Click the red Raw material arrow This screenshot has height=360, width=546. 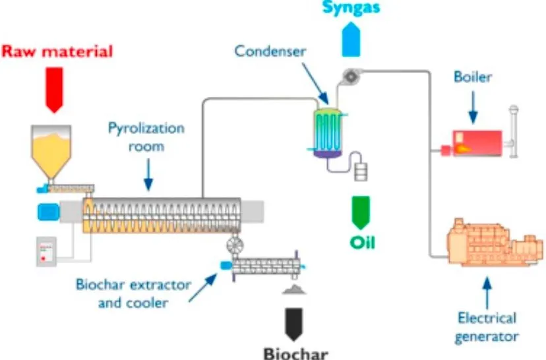[x=54, y=90]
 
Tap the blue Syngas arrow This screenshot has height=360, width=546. [x=351, y=40]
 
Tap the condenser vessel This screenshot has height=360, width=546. [x=328, y=133]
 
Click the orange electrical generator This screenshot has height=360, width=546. [x=495, y=242]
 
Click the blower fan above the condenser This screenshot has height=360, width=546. [x=351, y=76]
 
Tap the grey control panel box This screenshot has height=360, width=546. [x=47, y=252]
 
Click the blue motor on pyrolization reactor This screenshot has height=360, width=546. [x=49, y=212]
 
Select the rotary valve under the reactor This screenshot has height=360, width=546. [x=235, y=245]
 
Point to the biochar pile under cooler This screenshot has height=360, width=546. [x=294, y=289]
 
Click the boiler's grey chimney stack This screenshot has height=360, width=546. [x=513, y=132]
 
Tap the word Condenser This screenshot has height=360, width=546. [x=270, y=51]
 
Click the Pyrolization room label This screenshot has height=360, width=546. [x=146, y=137]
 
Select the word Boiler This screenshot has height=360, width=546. [x=473, y=76]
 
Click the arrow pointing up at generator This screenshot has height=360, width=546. [x=487, y=293]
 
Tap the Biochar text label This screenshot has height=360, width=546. [x=296, y=353]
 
